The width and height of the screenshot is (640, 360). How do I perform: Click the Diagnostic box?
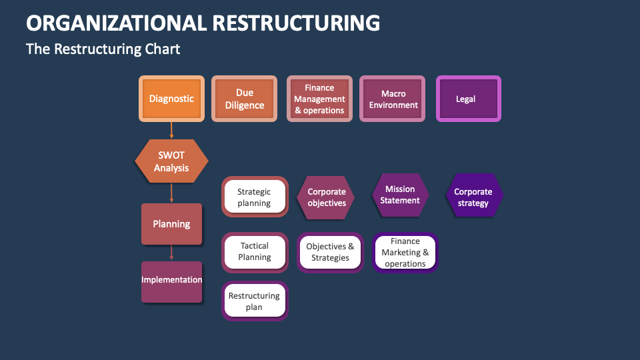171,99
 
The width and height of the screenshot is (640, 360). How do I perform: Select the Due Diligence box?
244,99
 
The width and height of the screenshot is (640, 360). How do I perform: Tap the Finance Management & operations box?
319,99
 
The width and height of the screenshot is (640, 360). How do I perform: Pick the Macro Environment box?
393,99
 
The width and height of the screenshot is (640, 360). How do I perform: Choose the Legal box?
468,99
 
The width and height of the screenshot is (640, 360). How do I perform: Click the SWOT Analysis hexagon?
171,161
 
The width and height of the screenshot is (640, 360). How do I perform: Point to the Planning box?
171,224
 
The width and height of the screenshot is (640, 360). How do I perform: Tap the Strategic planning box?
254,197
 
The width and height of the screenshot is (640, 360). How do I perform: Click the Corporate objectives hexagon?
326,197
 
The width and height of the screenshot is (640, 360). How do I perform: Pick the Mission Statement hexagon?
399,195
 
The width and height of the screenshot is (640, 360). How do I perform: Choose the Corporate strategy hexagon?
473,197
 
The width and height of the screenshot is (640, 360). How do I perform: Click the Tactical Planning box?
254,252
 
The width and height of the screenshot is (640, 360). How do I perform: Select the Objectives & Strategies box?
330,252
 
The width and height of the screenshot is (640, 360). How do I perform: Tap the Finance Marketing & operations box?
405,253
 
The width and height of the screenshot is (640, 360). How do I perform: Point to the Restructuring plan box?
254,301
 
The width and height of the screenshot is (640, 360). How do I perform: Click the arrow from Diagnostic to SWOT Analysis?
171,130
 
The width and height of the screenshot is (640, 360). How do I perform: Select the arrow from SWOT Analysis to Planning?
171,193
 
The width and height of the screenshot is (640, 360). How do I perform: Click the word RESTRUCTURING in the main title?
296,23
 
